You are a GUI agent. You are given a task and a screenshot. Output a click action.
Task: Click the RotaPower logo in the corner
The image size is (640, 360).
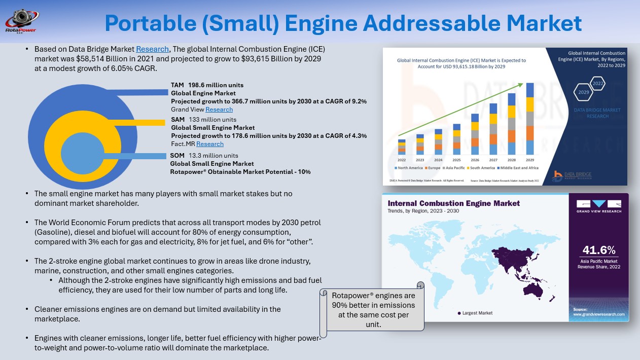[x=19, y=21]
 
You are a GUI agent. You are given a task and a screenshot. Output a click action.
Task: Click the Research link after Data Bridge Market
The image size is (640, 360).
[x=152, y=49]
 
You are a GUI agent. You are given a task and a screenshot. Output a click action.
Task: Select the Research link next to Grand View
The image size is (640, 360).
[x=219, y=110]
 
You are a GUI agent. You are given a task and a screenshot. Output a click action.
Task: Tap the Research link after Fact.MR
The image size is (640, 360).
[x=210, y=144]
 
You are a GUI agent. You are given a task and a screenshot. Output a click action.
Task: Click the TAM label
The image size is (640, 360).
[x=177, y=85]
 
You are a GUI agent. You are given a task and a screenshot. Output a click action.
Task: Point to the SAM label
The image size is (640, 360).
[x=177, y=120]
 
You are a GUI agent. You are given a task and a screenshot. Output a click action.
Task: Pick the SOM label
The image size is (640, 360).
[x=177, y=156]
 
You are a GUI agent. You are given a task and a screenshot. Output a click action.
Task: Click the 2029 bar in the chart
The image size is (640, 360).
[x=530, y=119]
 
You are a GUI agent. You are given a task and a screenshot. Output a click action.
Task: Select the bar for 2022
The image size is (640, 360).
[x=402, y=147]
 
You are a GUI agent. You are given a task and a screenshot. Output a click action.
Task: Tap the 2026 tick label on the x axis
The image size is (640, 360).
[x=475, y=159]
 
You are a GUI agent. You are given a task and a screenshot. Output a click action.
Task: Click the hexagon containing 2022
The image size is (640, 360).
[x=598, y=83]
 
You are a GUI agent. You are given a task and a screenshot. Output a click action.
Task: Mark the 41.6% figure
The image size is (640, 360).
[x=599, y=250]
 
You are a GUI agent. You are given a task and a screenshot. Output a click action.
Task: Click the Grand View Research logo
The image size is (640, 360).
[x=599, y=206]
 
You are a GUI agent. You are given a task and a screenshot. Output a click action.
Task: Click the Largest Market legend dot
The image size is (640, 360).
[x=459, y=313]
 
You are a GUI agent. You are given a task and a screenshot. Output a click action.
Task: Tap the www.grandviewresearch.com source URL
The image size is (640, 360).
[x=599, y=315]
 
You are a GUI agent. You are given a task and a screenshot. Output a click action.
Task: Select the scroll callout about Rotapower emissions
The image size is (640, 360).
[x=373, y=310]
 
